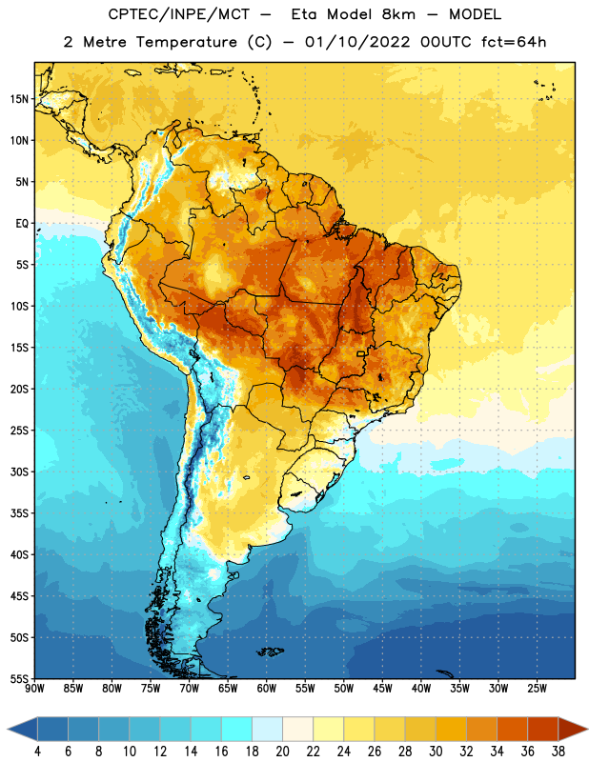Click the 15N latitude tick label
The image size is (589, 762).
pyautogui.click(x=19, y=99)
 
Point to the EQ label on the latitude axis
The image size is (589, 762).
pyautogui.click(x=22, y=224)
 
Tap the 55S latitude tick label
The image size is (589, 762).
pyautogui.click(x=19, y=678)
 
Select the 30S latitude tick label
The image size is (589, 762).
pyautogui.click(x=19, y=471)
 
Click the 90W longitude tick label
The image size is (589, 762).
pyautogui.click(x=34, y=689)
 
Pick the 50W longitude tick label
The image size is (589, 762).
pyautogui.click(x=344, y=689)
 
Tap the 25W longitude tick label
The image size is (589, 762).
pyautogui.click(x=537, y=689)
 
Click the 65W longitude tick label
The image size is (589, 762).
pyautogui.click(x=228, y=689)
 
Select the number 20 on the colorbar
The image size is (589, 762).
pyautogui.click(x=282, y=752)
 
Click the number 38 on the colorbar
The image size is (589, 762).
pyautogui.click(x=559, y=752)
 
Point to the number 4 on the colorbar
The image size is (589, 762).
pyautogui.click(x=37, y=752)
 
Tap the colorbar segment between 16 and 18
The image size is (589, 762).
pyautogui.click(x=237, y=730)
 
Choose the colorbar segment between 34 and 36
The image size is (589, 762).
pyautogui.click(x=513, y=730)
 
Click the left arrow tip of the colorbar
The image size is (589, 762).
pyautogui.click(x=8, y=730)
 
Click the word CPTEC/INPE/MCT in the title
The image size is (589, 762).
pyautogui.click(x=178, y=14)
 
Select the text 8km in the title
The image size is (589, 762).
pyautogui.click(x=398, y=14)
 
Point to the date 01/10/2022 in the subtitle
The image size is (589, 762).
pyautogui.click(x=357, y=42)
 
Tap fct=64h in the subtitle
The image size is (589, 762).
pyautogui.click(x=514, y=42)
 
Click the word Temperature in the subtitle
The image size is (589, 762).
pyautogui.click(x=186, y=42)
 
